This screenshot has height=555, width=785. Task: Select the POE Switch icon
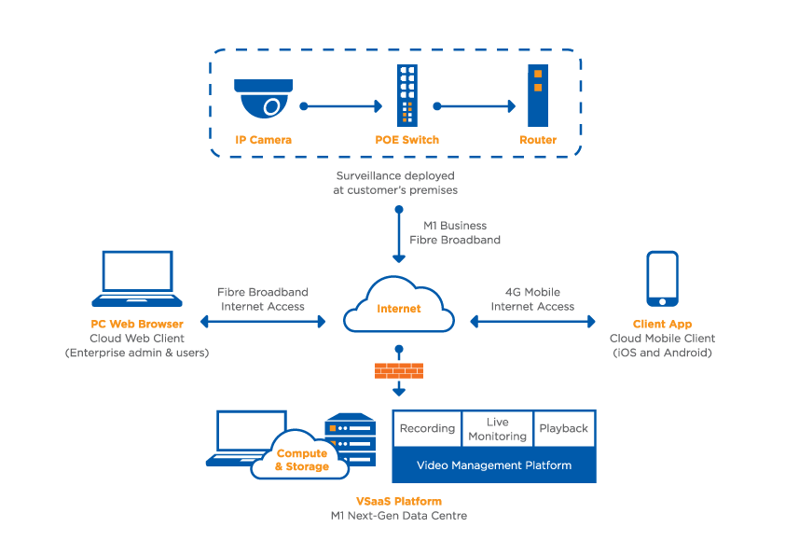(x=406, y=95)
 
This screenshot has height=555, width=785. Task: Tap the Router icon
(x=537, y=95)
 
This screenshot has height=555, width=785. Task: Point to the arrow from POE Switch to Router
(x=474, y=106)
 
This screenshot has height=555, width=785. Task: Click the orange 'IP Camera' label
(x=263, y=140)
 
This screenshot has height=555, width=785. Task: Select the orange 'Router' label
(x=538, y=140)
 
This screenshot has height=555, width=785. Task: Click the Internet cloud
(x=398, y=307)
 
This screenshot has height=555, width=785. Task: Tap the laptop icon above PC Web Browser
(x=137, y=278)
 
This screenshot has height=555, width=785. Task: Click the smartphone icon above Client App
(x=662, y=278)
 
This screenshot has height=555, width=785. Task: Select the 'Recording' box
(x=427, y=428)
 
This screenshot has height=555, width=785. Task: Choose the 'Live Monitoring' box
(x=497, y=429)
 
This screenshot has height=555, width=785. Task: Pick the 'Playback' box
(x=564, y=428)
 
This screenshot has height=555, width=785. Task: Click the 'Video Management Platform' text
(x=493, y=465)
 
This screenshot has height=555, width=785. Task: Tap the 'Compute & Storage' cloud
(x=301, y=459)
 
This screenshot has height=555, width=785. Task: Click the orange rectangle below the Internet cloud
(x=398, y=371)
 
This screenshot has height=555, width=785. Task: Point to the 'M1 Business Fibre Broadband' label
(x=455, y=232)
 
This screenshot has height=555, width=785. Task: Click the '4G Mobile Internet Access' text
(x=532, y=298)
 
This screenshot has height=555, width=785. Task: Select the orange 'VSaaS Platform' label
(x=398, y=501)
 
